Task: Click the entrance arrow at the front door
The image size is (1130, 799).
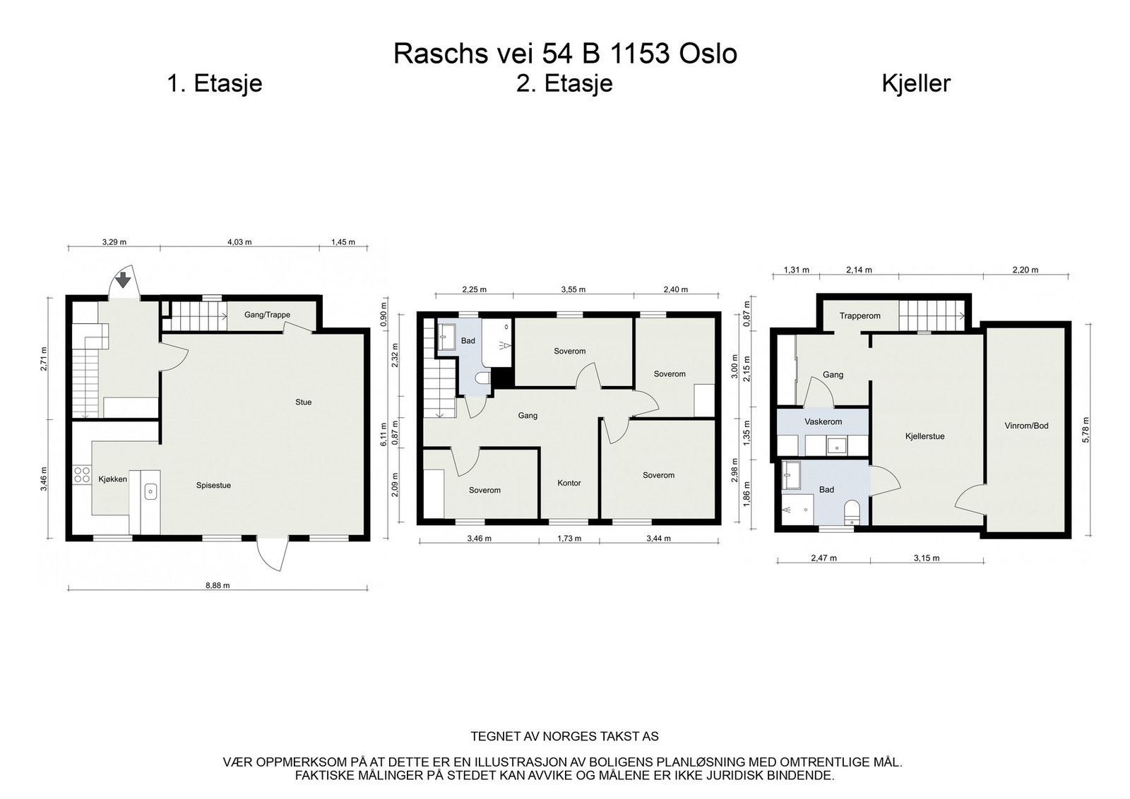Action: coord(123,280)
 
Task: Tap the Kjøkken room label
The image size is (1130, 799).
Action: coord(112,479)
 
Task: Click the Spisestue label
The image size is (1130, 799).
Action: coord(213,486)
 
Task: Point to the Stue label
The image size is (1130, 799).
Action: coord(303,402)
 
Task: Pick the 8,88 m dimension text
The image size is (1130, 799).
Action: coord(218,585)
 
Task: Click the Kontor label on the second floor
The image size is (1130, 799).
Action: coord(569,483)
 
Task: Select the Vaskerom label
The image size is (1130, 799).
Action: coord(823,421)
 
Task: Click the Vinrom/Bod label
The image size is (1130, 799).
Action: coord(1027,426)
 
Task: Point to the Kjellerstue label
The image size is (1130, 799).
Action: coord(924,436)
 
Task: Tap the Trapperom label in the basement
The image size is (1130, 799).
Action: coord(860,316)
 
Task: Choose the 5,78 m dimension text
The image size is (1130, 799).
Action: coord(1086,430)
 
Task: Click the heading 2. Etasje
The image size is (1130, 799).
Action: coord(564,83)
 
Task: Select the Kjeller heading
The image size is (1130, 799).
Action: coord(916,83)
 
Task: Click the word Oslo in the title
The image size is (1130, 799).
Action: coord(708,54)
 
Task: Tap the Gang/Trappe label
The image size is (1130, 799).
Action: coord(268,315)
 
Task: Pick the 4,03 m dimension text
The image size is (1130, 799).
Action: coord(239,242)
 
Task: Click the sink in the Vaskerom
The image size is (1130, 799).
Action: coord(837,445)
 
